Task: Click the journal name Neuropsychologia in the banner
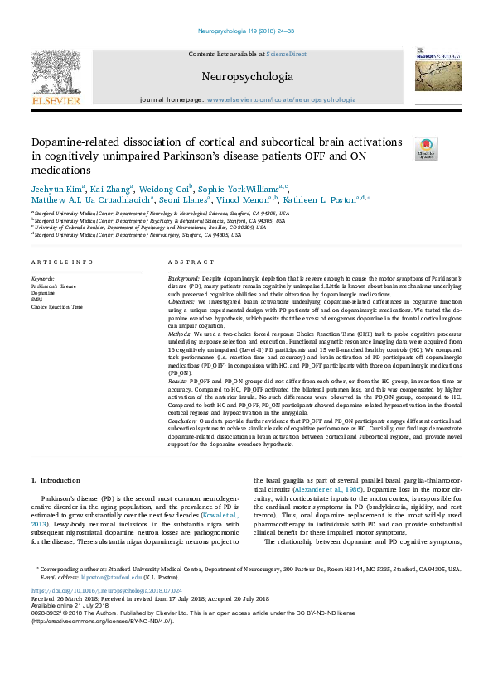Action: [x=247, y=77]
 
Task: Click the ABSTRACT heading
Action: [x=185, y=262]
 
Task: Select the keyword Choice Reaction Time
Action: [x=57, y=307]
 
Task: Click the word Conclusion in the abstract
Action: [x=185, y=421]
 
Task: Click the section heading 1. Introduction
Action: [x=56, y=480]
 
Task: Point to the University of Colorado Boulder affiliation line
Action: [x=149, y=228]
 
